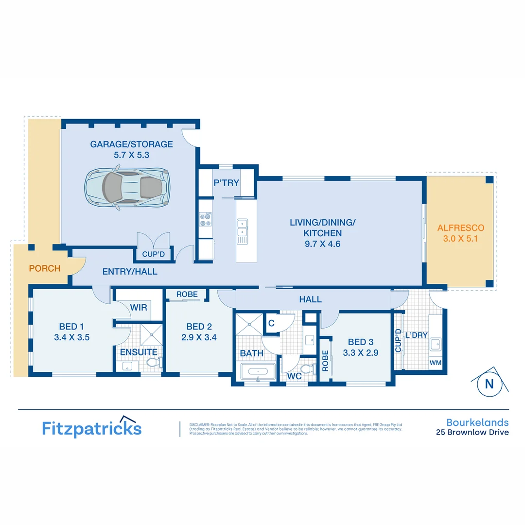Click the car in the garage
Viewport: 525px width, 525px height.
(x=127, y=187)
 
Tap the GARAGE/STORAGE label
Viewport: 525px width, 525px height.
(x=131, y=144)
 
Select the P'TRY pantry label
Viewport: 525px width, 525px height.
(x=227, y=183)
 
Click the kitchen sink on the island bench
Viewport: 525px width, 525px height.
(x=242, y=231)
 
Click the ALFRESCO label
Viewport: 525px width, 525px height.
(x=460, y=227)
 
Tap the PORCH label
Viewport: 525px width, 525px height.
(x=45, y=268)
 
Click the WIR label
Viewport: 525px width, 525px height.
(x=139, y=307)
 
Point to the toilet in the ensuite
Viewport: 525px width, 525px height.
(x=154, y=363)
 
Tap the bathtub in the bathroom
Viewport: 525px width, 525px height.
(x=257, y=373)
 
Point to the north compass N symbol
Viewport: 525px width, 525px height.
(x=489, y=384)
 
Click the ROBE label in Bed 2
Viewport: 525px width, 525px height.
(x=187, y=294)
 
